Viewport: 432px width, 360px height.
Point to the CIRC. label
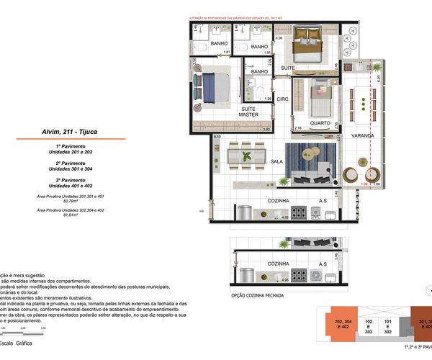283,100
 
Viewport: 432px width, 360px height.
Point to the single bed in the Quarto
320,100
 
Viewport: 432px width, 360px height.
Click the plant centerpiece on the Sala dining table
247,155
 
